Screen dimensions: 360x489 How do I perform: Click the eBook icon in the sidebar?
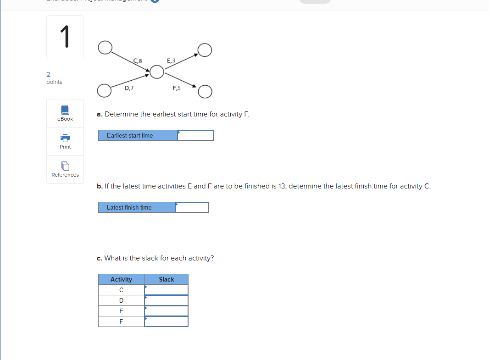[x=65, y=110]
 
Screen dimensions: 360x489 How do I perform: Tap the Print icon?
[x=65, y=138]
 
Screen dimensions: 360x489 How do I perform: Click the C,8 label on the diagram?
[x=138, y=61]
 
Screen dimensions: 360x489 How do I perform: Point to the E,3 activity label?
[x=171, y=61]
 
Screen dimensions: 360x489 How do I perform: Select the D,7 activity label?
[x=129, y=89]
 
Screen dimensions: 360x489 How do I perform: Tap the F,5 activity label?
[x=177, y=89]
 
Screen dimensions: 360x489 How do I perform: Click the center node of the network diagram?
[x=157, y=72]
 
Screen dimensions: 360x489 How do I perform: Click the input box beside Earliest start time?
[x=195, y=135]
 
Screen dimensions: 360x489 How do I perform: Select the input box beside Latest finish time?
[x=192, y=207]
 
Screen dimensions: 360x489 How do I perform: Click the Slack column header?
[x=166, y=279]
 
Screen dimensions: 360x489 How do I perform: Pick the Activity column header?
[x=121, y=279]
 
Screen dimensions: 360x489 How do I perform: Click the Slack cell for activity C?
[x=166, y=290]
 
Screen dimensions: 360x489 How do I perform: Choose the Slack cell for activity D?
[x=166, y=300]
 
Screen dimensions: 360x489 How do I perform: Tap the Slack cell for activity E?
[x=166, y=311]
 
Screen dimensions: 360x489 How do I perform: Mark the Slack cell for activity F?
[x=166, y=321]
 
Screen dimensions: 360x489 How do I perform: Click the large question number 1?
[x=65, y=37]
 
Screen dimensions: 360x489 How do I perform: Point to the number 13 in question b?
[x=282, y=186]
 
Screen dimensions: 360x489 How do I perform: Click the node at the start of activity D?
[x=105, y=90]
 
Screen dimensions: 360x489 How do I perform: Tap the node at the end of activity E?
[x=205, y=50]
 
